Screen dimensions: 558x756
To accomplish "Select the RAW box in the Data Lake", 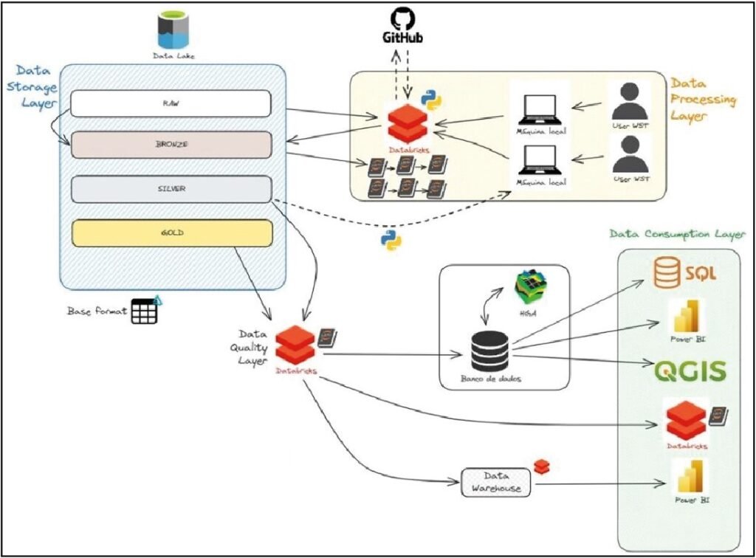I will (171, 103).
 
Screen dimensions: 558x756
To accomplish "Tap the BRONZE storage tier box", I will (171, 145).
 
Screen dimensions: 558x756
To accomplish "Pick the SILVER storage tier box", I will (171, 188).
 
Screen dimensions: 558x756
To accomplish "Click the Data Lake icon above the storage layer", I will (173, 30).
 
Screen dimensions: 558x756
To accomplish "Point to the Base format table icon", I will (145, 311).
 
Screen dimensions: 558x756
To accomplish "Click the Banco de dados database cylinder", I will (489, 352).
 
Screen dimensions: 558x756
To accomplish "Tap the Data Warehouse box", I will (496, 482).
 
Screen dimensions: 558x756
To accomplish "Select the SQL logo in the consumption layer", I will (686, 275).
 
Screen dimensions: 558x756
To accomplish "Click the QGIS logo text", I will (690, 371).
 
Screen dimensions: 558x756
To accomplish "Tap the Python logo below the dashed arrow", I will (391, 239).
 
